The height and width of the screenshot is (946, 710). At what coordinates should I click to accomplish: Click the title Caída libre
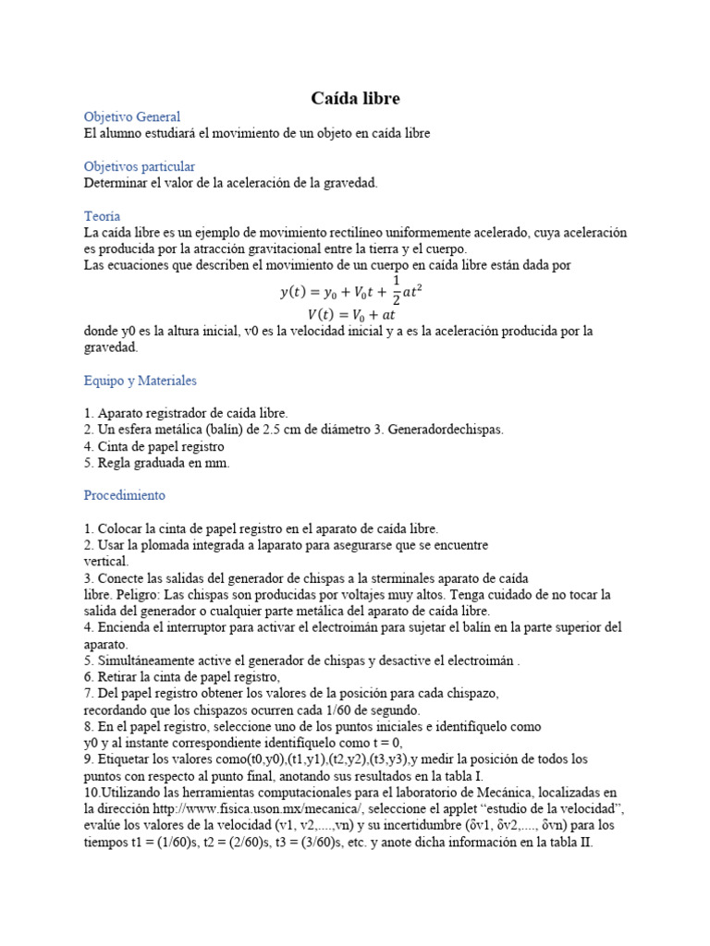[x=354, y=98]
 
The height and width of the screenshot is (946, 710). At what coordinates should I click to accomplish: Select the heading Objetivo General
[x=132, y=117]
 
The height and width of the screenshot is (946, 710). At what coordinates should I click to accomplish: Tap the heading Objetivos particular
[x=139, y=166]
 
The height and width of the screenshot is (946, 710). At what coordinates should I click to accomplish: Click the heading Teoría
[x=102, y=216]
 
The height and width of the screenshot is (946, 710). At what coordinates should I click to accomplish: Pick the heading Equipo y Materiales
[x=140, y=381]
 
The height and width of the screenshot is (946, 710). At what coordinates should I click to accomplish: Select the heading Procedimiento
[x=124, y=495]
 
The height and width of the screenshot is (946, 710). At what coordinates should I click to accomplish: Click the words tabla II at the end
[x=568, y=843]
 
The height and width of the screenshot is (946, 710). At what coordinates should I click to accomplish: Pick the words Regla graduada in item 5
[x=140, y=464]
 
